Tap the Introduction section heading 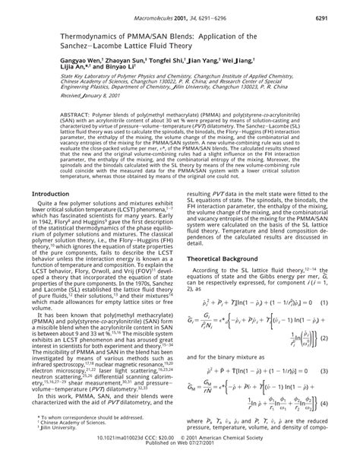50,216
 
